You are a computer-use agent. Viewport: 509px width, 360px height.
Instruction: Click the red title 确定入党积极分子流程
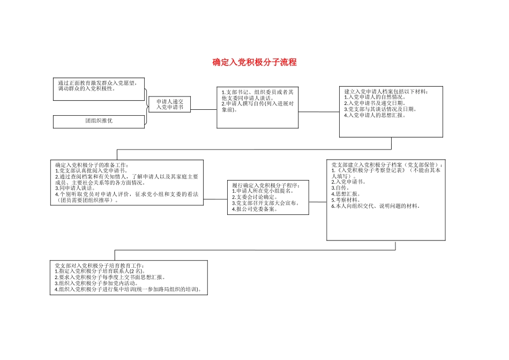click(x=254, y=63)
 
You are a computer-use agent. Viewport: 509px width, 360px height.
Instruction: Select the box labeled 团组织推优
click(x=99, y=121)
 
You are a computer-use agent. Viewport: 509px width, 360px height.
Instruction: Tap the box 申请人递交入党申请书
click(x=169, y=104)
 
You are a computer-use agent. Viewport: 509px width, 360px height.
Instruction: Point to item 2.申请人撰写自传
click(x=257, y=106)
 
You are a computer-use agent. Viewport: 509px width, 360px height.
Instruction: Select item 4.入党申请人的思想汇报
click(x=375, y=115)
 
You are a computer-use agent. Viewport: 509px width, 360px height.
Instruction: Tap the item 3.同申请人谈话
click(x=76, y=188)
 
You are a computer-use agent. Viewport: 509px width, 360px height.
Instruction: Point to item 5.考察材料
click(x=346, y=199)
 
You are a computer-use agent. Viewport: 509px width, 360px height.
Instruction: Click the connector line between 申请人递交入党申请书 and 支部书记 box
click(x=204, y=110)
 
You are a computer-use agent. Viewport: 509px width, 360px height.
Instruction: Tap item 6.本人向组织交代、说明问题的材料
click(x=376, y=206)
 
